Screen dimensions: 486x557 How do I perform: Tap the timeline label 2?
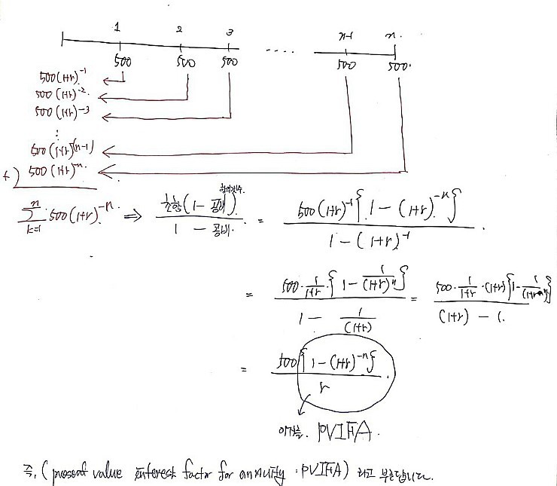pyautogui.click(x=179, y=30)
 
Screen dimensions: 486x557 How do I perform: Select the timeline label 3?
pyautogui.click(x=230, y=32)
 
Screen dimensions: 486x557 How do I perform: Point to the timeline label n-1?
pyautogui.click(x=347, y=35)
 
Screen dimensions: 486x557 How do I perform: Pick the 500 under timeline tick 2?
pyautogui.click(x=184, y=63)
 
